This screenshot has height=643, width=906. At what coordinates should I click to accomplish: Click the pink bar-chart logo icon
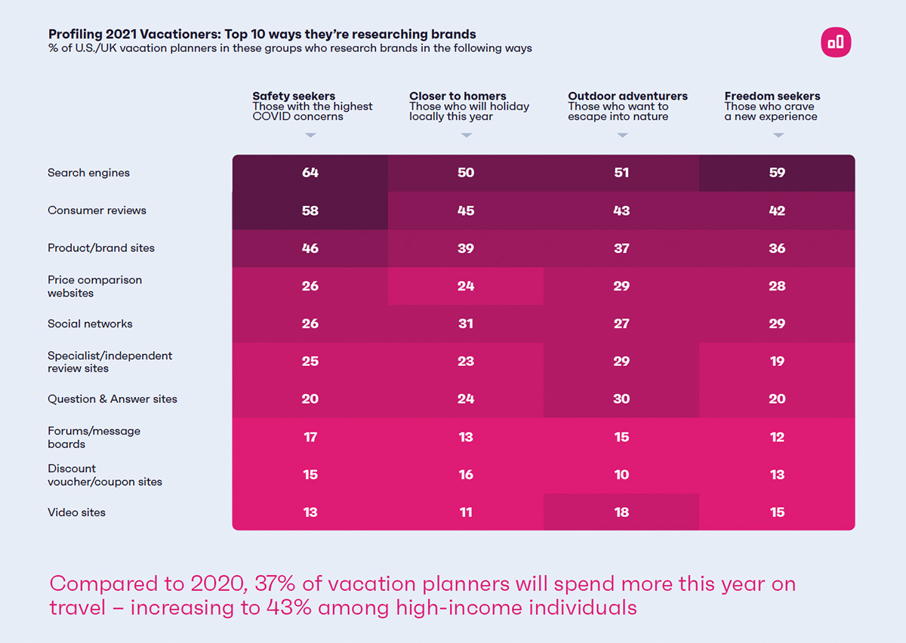pos(836,42)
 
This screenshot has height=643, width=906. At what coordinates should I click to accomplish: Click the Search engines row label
pos(88,173)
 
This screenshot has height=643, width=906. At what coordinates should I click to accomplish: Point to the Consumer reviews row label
pos(97,211)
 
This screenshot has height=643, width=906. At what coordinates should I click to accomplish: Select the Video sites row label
pos(76,512)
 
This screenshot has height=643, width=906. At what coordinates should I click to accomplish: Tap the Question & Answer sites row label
pos(112,399)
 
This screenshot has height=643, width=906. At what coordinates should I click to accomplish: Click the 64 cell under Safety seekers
pos(310,173)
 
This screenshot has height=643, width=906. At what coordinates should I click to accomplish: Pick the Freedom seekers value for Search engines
pos(777,173)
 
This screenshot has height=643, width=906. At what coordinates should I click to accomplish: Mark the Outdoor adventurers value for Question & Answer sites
pos(621,399)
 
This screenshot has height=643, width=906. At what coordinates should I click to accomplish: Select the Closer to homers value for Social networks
pos(466,324)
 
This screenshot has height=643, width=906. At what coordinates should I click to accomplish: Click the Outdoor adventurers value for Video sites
pos(621,512)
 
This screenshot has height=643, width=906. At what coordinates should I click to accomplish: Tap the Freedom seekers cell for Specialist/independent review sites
pos(777,361)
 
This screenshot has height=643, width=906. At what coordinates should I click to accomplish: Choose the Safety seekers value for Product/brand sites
pos(310,248)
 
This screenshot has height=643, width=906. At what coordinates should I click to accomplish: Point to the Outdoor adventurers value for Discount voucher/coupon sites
pos(621,475)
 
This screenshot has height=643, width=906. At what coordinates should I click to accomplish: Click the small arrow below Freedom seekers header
pos(778,136)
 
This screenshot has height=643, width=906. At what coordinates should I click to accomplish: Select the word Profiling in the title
pos(72,34)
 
